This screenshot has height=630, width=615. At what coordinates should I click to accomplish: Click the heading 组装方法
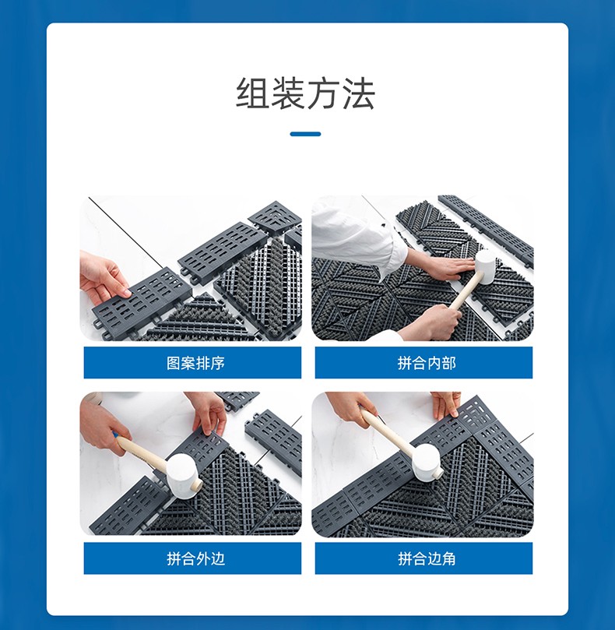pyautogui.click(x=305, y=93)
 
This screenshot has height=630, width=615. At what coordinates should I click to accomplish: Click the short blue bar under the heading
pyautogui.click(x=305, y=134)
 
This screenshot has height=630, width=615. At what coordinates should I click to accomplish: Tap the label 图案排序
pyautogui.click(x=195, y=363)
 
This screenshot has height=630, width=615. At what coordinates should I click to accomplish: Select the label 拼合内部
pyautogui.click(x=427, y=363)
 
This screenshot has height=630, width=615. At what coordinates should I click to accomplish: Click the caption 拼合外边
pyautogui.click(x=195, y=558)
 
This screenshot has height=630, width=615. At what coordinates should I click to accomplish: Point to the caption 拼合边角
pyautogui.click(x=427, y=558)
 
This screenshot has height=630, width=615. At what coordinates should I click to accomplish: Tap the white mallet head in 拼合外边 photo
pyautogui.click(x=184, y=477)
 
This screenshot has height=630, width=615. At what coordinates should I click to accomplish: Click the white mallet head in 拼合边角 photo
pyautogui.click(x=427, y=462)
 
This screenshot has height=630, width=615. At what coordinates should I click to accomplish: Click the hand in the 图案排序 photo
pyautogui.click(x=104, y=277)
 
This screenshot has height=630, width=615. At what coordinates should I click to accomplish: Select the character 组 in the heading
pyautogui.click(x=252, y=93)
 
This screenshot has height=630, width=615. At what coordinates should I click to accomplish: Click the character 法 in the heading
pyautogui.click(x=358, y=93)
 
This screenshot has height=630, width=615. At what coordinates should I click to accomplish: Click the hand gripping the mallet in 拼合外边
pyautogui.click(x=104, y=427)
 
